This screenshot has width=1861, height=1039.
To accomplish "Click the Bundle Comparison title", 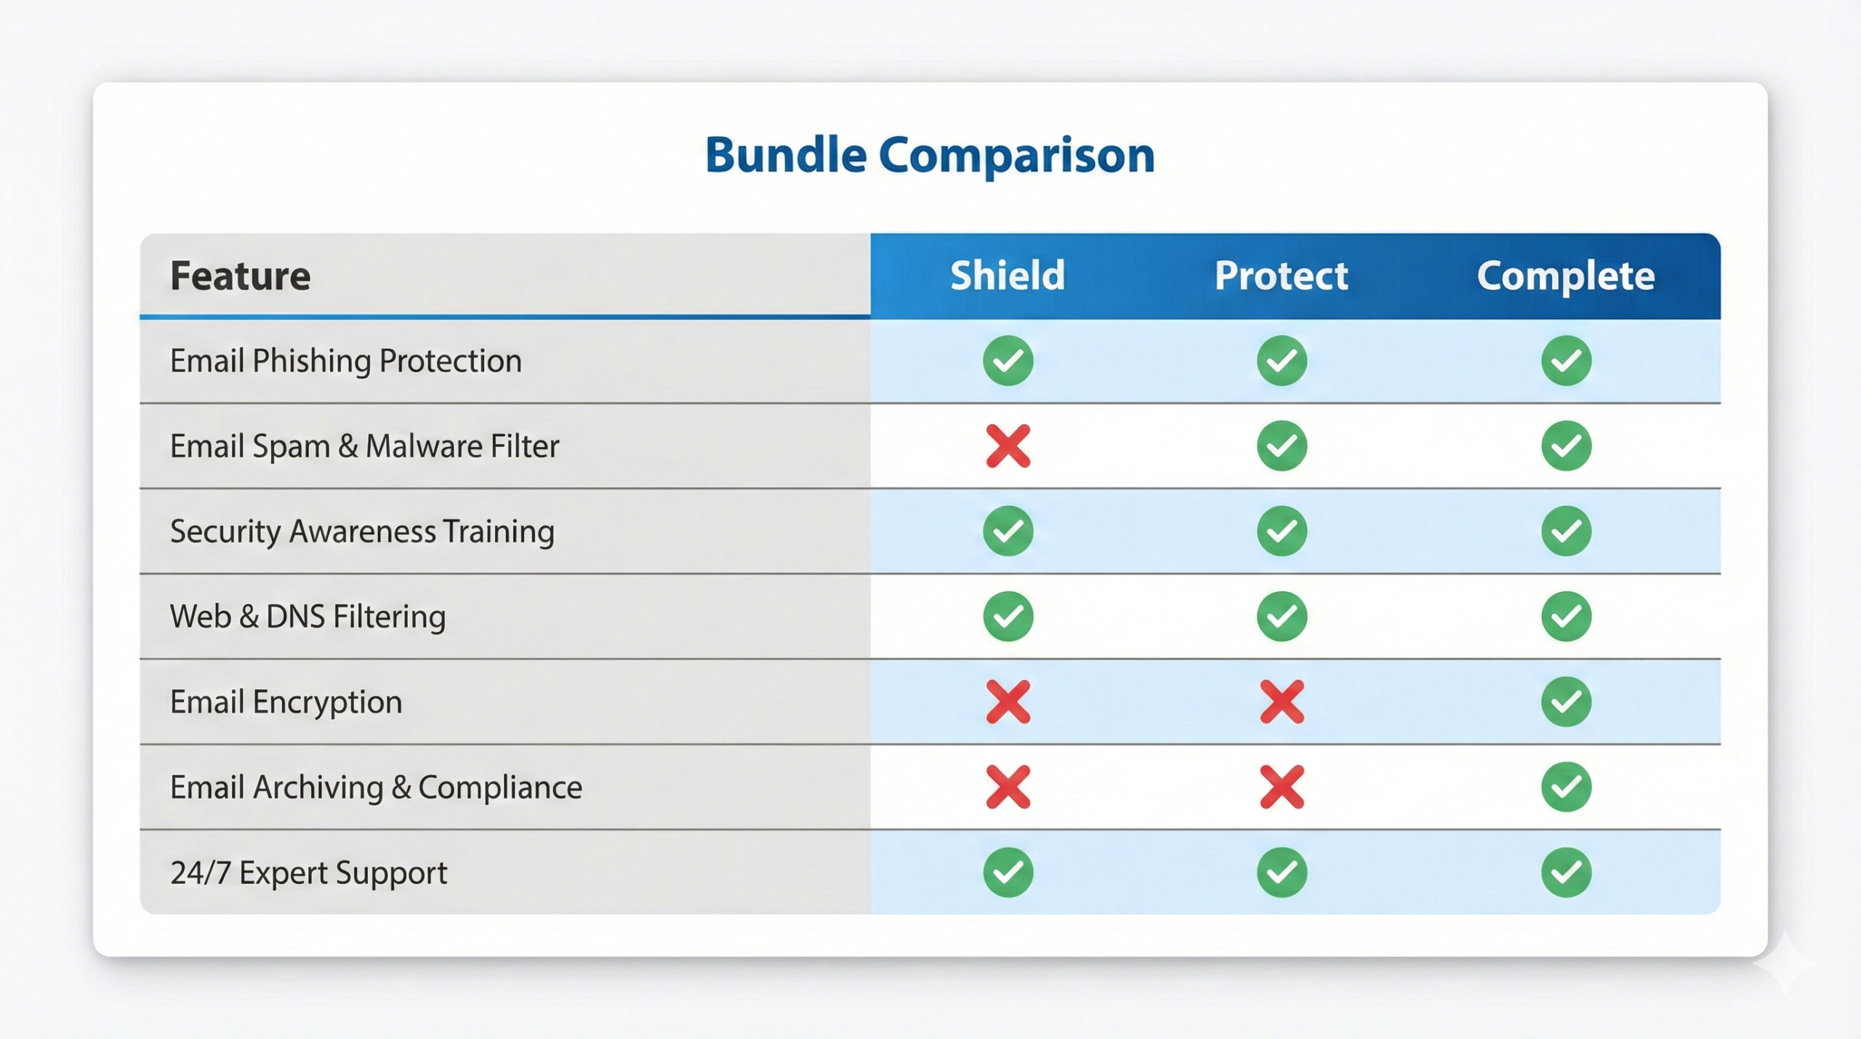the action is pyautogui.click(x=930, y=156).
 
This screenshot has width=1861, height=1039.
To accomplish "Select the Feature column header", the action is pyautogui.click(x=241, y=276).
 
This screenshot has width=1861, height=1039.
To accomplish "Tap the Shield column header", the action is pyautogui.click(x=1008, y=276).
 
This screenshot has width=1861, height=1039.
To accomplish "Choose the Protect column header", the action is pyautogui.click(x=1282, y=276).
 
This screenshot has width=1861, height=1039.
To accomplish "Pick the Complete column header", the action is pyautogui.click(x=1566, y=277).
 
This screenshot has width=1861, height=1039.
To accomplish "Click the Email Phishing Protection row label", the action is pyautogui.click(x=346, y=361).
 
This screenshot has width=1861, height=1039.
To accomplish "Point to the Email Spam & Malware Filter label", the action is pyautogui.click(x=365, y=446).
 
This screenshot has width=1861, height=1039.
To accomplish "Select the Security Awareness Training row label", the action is pyautogui.click(x=362, y=531).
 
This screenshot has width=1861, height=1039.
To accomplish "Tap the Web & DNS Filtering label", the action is pyautogui.click(x=308, y=617).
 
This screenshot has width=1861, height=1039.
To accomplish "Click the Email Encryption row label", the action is pyautogui.click(x=286, y=702).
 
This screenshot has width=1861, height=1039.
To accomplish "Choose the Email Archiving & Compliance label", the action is pyautogui.click(x=376, y=787).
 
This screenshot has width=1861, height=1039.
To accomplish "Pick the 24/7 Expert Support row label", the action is pyautogui.click(x=308, y=873).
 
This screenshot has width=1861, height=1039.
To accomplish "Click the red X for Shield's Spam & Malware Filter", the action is pyautogui.click(x=1008, y=446).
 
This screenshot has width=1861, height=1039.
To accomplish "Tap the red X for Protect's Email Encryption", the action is pyautogui.click(x=1282, y=702).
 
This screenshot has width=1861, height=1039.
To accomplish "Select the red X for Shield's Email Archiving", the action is pyautogui.click(x=1008, y=787).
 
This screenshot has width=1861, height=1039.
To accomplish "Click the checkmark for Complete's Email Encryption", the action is pyautogui.click(x=1567, y=702).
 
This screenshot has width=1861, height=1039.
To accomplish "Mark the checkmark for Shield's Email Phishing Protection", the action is pyautogui.click(x=1008, y=361).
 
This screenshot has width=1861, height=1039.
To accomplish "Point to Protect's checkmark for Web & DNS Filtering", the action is pyautogui.click(x=1282, y=617).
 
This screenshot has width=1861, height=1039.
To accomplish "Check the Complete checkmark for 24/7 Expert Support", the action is pyautogui.click(x=1567, y=872).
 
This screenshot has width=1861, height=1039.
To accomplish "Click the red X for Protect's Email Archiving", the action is pyautogui.click(x=1282, y=787).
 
